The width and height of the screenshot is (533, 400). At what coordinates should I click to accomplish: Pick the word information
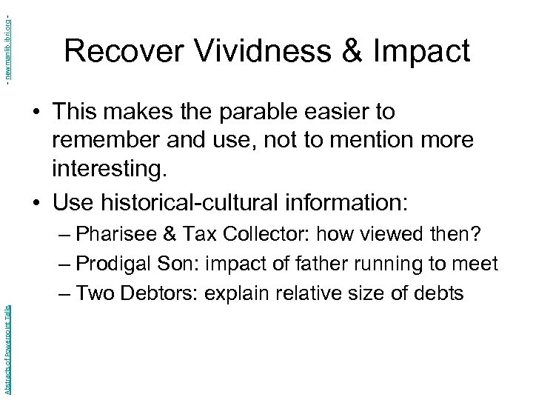[x=347, y=201]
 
